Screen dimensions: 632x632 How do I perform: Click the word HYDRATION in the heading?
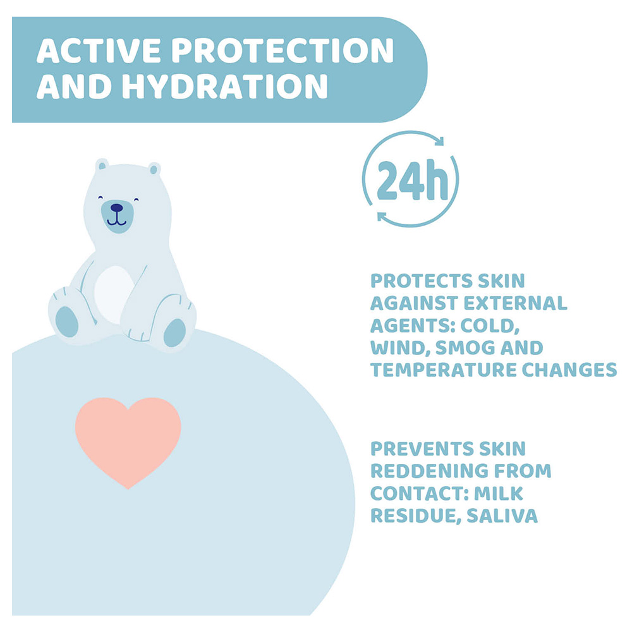[225, 86]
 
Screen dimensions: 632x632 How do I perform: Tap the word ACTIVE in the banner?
[99, 51]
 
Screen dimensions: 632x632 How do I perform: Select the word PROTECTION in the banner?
[283, 51]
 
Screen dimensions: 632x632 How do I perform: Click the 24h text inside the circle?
[412, 180]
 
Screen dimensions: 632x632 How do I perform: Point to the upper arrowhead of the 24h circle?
[439, 141]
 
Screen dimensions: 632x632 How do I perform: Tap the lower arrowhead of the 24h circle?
[382, 217]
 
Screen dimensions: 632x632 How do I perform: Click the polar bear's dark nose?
[116, 208]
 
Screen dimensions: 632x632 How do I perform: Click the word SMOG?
[465, 348]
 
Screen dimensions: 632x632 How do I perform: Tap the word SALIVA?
[502, 516]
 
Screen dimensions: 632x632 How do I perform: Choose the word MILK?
[499, 494]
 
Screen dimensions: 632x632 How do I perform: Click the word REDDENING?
[427, 471]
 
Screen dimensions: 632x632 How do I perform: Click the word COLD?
[490, 325]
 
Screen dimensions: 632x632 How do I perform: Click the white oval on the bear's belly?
[115, 295]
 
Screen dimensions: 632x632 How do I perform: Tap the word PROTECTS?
[421, 281]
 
